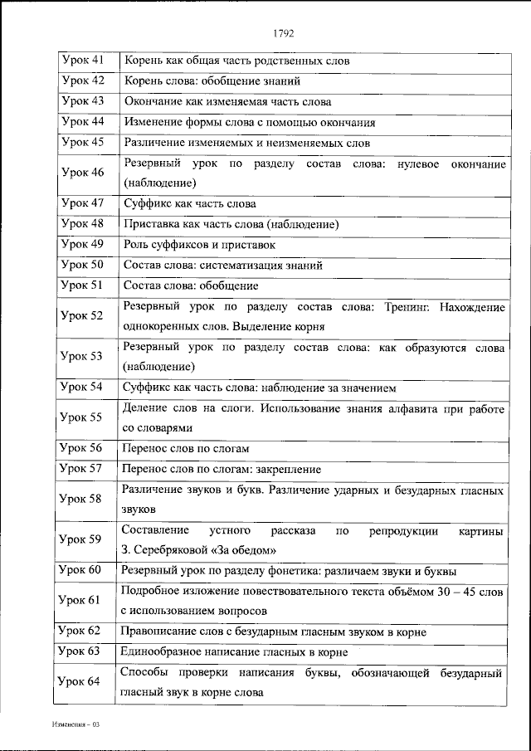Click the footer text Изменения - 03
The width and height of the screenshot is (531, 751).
(x=74, y=724)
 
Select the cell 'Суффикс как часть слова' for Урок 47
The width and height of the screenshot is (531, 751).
(x=189, y=203)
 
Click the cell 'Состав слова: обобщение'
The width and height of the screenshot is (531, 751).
(x=191, y=285)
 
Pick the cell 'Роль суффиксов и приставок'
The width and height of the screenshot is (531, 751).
(x=199, y=245)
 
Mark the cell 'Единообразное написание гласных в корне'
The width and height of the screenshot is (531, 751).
(x=235, y=651)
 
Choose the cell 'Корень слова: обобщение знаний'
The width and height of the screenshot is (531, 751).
(x=206, y=81)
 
